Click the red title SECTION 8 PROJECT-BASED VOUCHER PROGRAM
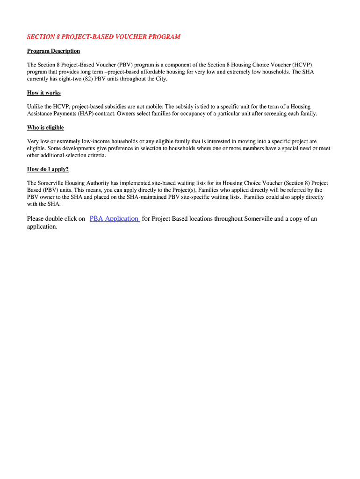click(103, 37)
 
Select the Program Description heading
click(53, 51)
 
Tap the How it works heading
click(44, 93)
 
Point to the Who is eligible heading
click(45, 128)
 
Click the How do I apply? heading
click(48, 169)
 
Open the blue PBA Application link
click(114, 218)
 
